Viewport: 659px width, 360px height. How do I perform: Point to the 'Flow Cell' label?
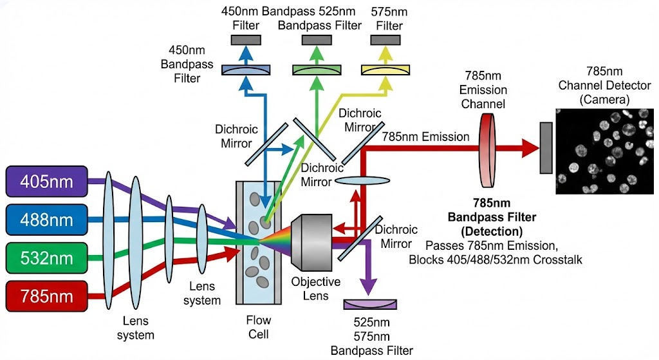pyautogui.click(x=259, y=327)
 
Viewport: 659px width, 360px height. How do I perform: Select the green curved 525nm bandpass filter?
pyautogui.click(x=317, y=70)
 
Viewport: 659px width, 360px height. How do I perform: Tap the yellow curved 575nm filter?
pyautogui.click(x=385, y=69)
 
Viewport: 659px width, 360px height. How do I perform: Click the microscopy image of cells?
pyautogui.click(x=604, y=151)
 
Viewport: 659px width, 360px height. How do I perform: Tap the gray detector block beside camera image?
pyautogui.click(x=546, y=148)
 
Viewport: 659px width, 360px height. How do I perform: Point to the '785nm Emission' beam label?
pyautogui.click(x=425, y=137)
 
